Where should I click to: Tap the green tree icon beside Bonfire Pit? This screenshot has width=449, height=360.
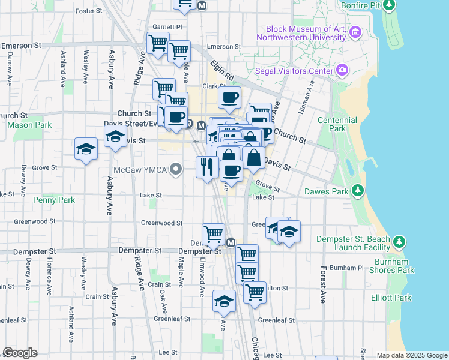390,5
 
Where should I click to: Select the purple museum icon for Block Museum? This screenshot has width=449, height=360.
355,32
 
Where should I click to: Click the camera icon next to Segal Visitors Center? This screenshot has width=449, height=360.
342,71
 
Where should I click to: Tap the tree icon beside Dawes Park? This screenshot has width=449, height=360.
358,191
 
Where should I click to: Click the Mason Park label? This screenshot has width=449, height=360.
29,125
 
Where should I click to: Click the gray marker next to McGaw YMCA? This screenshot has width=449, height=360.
175,170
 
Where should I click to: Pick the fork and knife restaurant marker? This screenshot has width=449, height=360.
207,166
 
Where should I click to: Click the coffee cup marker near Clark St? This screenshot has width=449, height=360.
229,97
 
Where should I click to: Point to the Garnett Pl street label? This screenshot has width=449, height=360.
167,27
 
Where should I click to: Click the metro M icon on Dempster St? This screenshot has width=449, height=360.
231,242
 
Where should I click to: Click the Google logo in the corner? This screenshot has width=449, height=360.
20,353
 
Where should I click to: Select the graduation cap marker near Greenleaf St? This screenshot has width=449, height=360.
224,301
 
